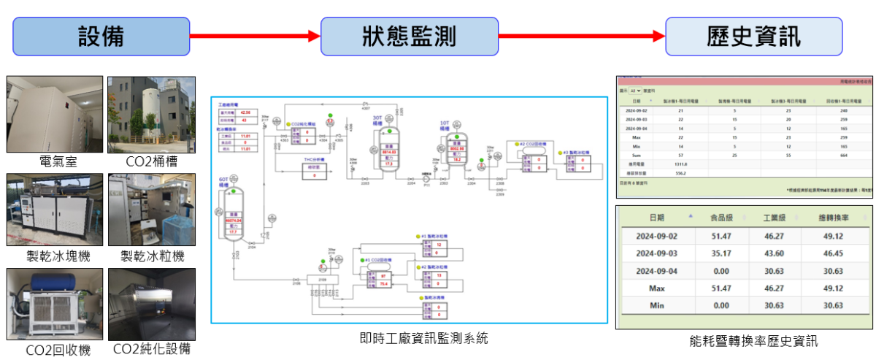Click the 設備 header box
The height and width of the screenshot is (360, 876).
coord(101,36)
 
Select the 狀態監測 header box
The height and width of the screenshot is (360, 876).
coord(410,36)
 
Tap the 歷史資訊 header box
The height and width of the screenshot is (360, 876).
coord(753,36)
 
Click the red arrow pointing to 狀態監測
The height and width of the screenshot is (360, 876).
coord(255,36)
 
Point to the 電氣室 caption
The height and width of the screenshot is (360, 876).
coord(55,161)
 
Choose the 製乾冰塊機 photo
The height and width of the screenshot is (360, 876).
coord(55,209)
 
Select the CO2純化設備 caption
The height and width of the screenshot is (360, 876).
coord(151,349)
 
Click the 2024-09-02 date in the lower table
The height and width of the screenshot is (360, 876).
coord(657,236)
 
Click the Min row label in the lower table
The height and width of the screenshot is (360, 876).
coord(656,305)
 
